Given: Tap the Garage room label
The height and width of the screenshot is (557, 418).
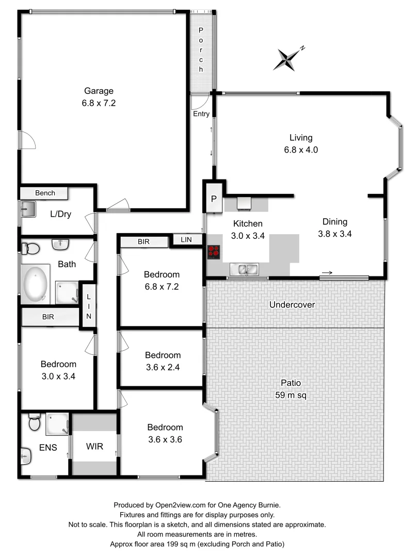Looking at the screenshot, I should pos(98,91).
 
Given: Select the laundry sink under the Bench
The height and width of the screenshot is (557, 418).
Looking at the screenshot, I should pos(28,209).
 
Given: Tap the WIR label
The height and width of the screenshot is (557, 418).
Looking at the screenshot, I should pos(95,446).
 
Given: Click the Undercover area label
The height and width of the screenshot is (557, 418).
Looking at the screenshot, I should pos(292,305).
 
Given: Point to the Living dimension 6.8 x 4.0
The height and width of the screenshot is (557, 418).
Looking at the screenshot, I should pos(300,150).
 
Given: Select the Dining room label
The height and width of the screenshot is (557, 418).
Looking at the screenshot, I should pos(335,222).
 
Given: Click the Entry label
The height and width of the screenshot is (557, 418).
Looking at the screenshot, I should pos(201,114).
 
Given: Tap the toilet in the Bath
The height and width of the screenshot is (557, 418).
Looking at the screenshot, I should pos(31,249).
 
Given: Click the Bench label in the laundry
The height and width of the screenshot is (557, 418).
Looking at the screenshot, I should pos(45,193).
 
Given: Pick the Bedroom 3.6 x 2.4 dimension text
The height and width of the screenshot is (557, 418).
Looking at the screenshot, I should pos(163,367).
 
